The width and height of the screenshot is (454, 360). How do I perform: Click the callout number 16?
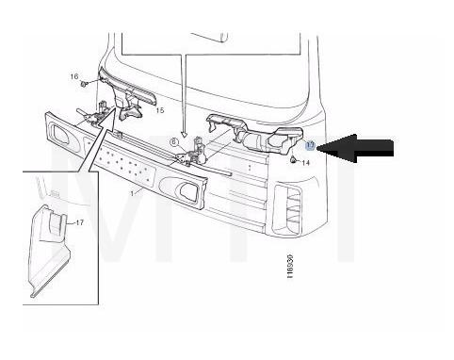coord(73,75)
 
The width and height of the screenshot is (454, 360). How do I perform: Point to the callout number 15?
coord(159,110)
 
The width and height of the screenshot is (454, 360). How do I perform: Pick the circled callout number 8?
coord(174,141)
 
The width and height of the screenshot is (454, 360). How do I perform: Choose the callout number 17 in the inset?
coord(79,222)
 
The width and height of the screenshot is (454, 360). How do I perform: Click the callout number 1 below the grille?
coord(134,192)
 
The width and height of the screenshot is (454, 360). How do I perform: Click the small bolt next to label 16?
coord(85,83)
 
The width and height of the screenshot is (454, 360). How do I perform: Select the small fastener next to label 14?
coord(294,161)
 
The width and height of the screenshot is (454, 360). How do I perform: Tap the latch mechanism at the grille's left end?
coord(93,120)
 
